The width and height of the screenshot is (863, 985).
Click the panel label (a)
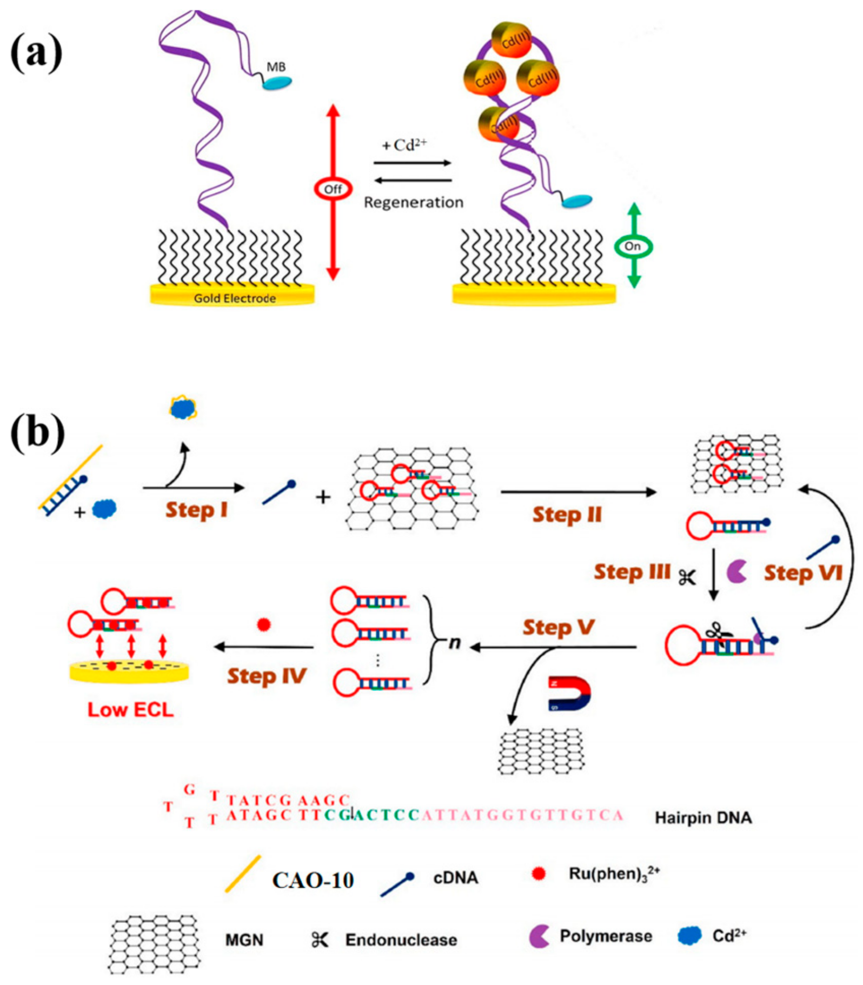[x=36, y=55]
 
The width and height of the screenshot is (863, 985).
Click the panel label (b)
[x=37, y=433]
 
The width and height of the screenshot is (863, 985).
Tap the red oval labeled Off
[x=333, y=189]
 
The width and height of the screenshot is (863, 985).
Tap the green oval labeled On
[x=633, y=247]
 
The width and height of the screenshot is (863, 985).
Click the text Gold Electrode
[x=235, y=298]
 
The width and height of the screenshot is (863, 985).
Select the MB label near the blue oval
[x=276, y=68]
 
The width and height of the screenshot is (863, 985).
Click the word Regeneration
[x=413, y=203]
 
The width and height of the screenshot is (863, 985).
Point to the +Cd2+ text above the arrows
[x=404, y=145]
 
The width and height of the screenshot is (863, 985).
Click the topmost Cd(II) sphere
[x=512, y=40]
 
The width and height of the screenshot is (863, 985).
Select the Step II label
[x=567, y=515]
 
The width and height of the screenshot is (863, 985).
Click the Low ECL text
[x=130, y=710]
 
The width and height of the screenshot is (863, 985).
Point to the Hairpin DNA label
[x=703, y=818]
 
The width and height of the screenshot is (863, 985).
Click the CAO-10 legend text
[x=313, y=880]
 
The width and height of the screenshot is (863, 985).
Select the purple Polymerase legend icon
[x=539, y=936]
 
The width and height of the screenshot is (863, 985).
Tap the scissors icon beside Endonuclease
[x=320, y=940]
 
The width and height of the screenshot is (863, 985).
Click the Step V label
[x=559, y=628]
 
